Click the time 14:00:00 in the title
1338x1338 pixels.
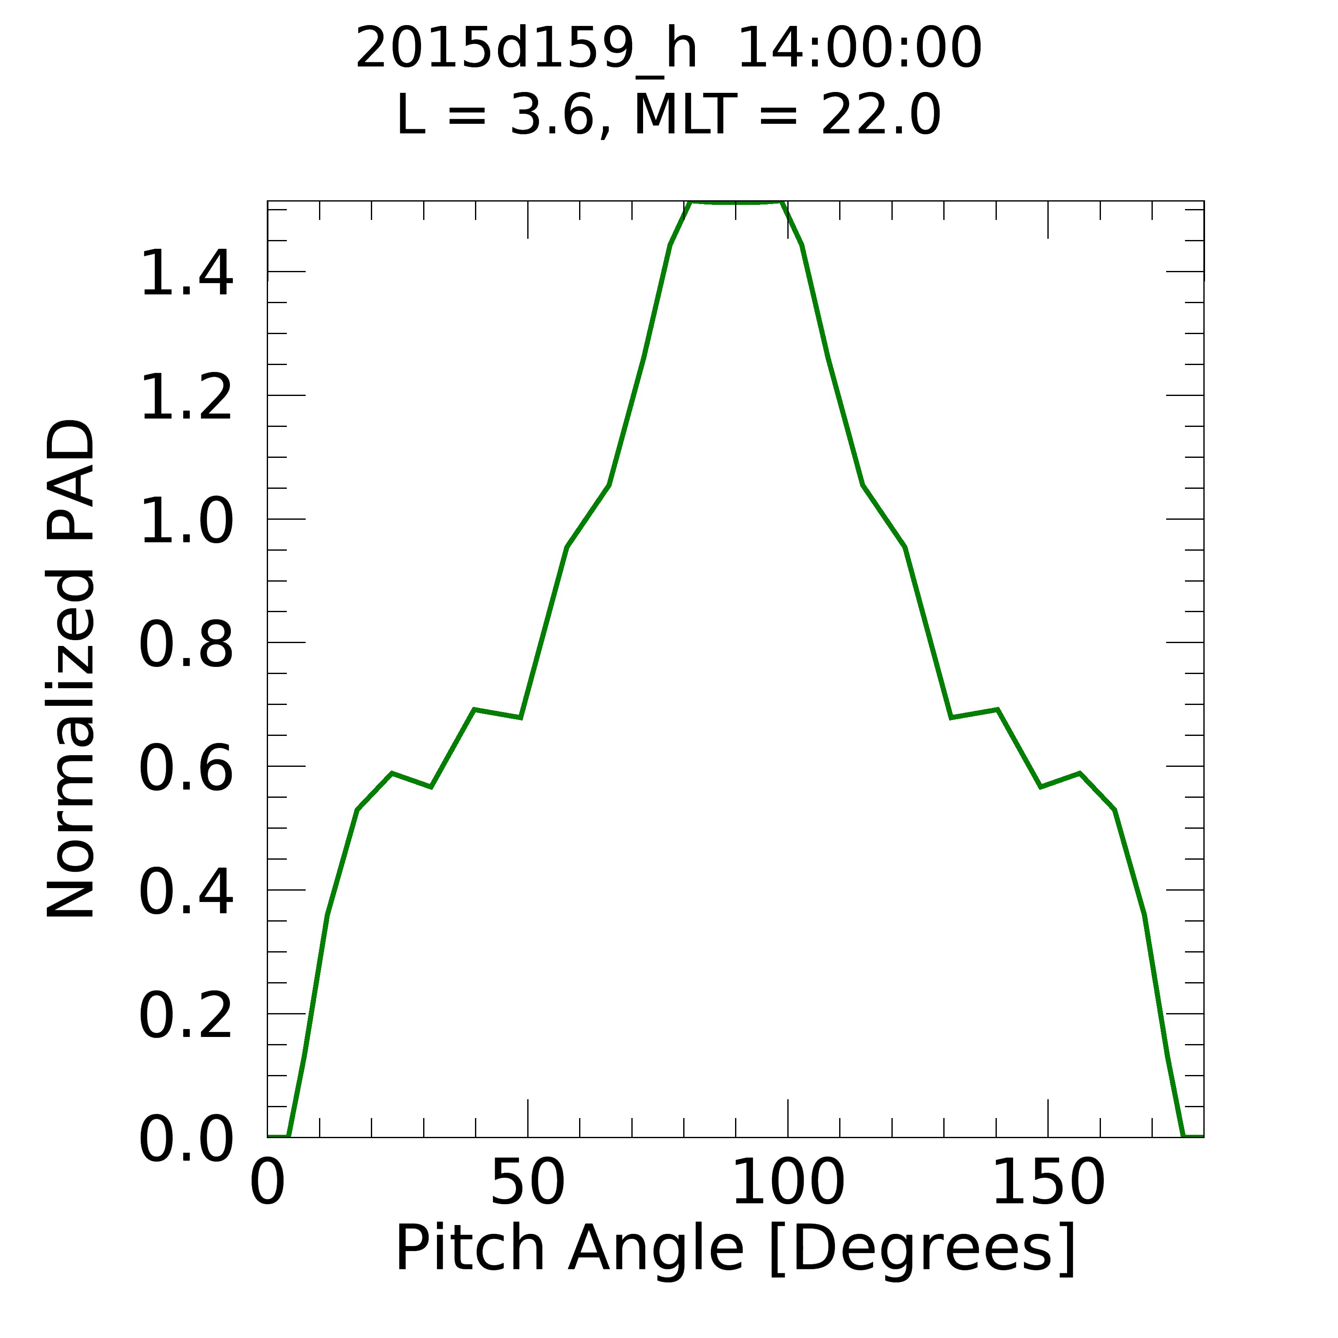tap(859, 49)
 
